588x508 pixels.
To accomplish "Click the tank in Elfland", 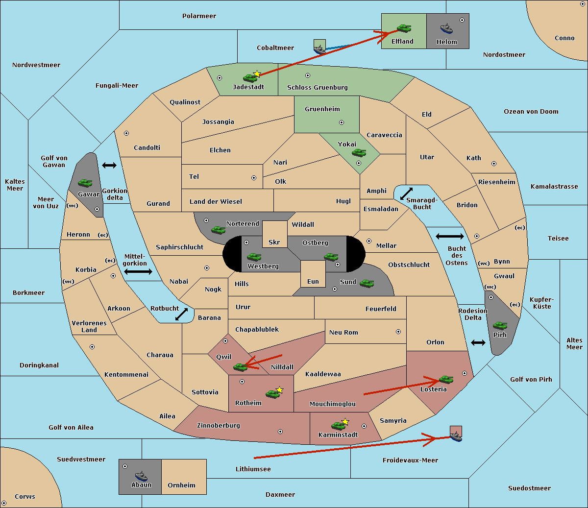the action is point(404,28).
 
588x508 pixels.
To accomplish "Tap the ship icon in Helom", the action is point(446,28).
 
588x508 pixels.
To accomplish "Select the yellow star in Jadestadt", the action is point(257,74).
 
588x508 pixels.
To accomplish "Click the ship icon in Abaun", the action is point(141,476).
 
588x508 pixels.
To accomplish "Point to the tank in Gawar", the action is point(85,183).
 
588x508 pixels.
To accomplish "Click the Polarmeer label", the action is point(199,16).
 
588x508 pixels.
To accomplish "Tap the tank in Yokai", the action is point(359,153).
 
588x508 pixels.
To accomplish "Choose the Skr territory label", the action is point(274,242).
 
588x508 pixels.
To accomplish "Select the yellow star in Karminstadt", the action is point(345,421).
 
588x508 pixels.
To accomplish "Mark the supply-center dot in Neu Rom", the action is point(398,332).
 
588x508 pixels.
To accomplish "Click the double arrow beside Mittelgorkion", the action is point(138,271).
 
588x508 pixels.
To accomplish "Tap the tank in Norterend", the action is point(218,230).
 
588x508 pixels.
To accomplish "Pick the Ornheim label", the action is point(181,485).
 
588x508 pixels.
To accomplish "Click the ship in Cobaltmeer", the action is point(320,49).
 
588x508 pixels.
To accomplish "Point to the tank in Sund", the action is point(367,283).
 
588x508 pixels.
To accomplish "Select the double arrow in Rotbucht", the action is point(181,314).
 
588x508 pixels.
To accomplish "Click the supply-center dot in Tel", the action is point(254,178).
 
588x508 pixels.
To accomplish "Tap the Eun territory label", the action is point(313,281).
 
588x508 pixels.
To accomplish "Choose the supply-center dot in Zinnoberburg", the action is point(280,432).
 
